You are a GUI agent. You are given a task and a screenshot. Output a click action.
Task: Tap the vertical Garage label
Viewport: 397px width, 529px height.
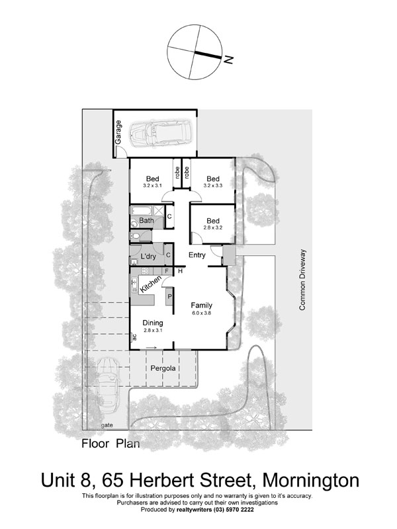coord(119,132)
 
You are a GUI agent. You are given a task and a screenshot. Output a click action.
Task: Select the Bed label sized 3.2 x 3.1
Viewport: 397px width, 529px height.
coord(153,179)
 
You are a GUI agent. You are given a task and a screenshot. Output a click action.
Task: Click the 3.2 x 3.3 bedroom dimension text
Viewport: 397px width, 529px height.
coord(212,186)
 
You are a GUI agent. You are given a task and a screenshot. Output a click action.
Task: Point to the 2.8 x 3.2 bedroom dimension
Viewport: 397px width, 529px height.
coord(212,227)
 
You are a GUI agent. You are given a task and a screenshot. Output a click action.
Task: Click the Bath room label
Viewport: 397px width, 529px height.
coord(146,221)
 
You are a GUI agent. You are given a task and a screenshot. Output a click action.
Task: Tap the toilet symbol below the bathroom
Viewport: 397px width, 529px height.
coord(135,235)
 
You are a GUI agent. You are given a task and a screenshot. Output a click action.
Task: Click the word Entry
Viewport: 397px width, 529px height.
coord(197,255)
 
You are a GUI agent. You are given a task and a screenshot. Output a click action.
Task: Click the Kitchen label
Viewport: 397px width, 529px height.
coord(151,285)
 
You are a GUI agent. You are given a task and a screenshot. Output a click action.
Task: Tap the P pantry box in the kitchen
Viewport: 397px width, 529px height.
coord(169,297)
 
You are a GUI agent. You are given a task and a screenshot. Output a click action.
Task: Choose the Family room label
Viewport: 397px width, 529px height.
coord(201,305)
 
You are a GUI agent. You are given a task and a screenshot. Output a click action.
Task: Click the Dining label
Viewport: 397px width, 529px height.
coord(154,322)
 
